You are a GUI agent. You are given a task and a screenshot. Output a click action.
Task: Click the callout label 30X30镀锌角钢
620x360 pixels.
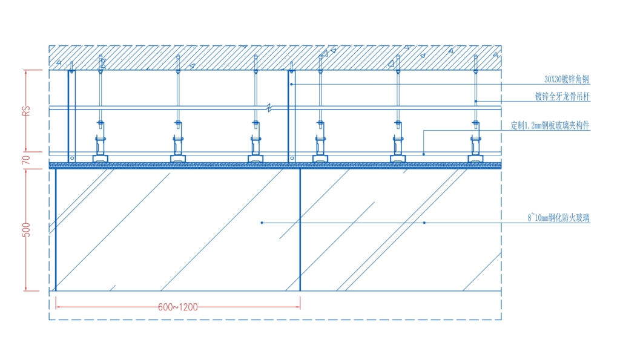click(567, 79)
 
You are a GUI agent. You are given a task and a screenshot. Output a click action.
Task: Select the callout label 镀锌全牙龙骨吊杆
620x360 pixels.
click(562, 96)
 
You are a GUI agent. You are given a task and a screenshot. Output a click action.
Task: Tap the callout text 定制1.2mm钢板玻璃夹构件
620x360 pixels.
click(550, 126)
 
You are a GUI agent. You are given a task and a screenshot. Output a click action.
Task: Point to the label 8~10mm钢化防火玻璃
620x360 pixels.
click(558, 218)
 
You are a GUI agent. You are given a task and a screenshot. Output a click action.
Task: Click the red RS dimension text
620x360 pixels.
click(26, 111)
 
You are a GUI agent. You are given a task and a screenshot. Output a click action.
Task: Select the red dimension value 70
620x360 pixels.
click(26, 160)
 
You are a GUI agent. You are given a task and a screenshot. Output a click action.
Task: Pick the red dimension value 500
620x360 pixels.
click(26, 230)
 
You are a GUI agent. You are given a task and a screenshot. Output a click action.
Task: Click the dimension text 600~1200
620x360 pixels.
click(177, 307)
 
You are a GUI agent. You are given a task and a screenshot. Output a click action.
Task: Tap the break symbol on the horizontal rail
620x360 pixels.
click(269, 108)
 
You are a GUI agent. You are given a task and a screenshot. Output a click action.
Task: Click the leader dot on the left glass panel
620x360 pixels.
click(262, 223)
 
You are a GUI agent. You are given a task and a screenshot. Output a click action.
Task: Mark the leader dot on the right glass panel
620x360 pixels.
click(424, 223)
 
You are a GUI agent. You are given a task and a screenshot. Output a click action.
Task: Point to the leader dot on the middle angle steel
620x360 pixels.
click(291, 84)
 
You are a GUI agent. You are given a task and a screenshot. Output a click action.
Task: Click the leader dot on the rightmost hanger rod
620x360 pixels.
click(476, 102)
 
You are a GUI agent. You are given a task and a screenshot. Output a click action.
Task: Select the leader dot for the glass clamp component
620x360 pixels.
click(423, 154)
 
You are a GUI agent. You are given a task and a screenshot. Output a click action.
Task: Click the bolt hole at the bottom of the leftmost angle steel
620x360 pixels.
click(72, 159)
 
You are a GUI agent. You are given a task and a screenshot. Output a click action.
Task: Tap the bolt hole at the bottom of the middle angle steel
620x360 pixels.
click(292, 159)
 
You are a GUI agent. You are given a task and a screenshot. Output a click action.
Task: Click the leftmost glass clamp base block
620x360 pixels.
click(101, 159)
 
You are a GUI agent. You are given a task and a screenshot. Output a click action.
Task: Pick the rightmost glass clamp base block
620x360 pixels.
click(475, 159)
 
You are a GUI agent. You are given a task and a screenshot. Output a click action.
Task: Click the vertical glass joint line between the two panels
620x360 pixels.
click(300, 230)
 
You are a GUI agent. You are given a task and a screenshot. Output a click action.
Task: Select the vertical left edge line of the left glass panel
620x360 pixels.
click(56, 230)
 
